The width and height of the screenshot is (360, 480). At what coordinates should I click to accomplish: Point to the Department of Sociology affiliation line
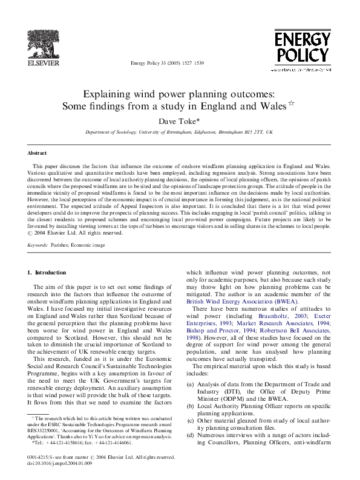click(x=179, y=132)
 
